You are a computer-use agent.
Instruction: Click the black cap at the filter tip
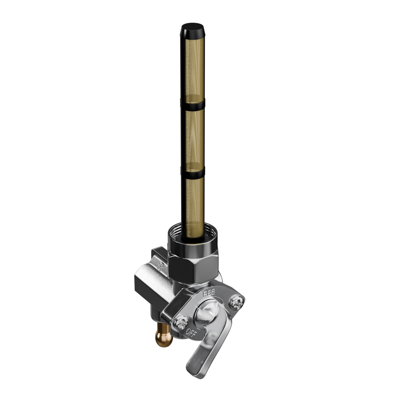[x=193, y=31]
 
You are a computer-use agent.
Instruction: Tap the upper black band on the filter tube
[x=193, y=105]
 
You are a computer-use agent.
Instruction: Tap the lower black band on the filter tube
[x=193, y=172]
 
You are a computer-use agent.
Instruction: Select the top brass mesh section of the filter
[x=195, y=70]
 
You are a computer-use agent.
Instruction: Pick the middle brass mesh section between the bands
[x=195, y=139]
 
